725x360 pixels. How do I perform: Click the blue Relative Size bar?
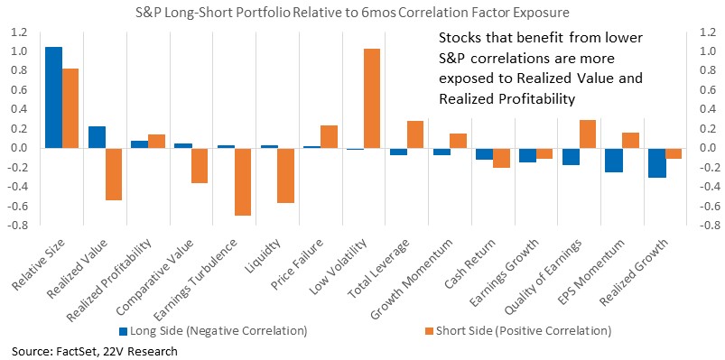(x=54, y=97)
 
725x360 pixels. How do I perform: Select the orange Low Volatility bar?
(x=372, y=98)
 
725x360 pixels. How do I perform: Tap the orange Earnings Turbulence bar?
(x=242, y=182)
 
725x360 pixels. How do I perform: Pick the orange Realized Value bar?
(x=114, y=174)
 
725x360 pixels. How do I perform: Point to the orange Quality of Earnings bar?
(x=587, y=134)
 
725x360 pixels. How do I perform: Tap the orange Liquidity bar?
(x=285, y=176)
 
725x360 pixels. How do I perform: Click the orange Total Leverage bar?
(x=415, y=134)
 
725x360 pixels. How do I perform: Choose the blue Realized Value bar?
(x=98, y=137)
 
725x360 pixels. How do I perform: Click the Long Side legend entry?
(x=213, y=331)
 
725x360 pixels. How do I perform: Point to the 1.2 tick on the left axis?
(x=21, y=32)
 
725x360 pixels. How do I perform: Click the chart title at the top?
(x=352, y=13)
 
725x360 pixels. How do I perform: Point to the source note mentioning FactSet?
(x=95, y=351)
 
